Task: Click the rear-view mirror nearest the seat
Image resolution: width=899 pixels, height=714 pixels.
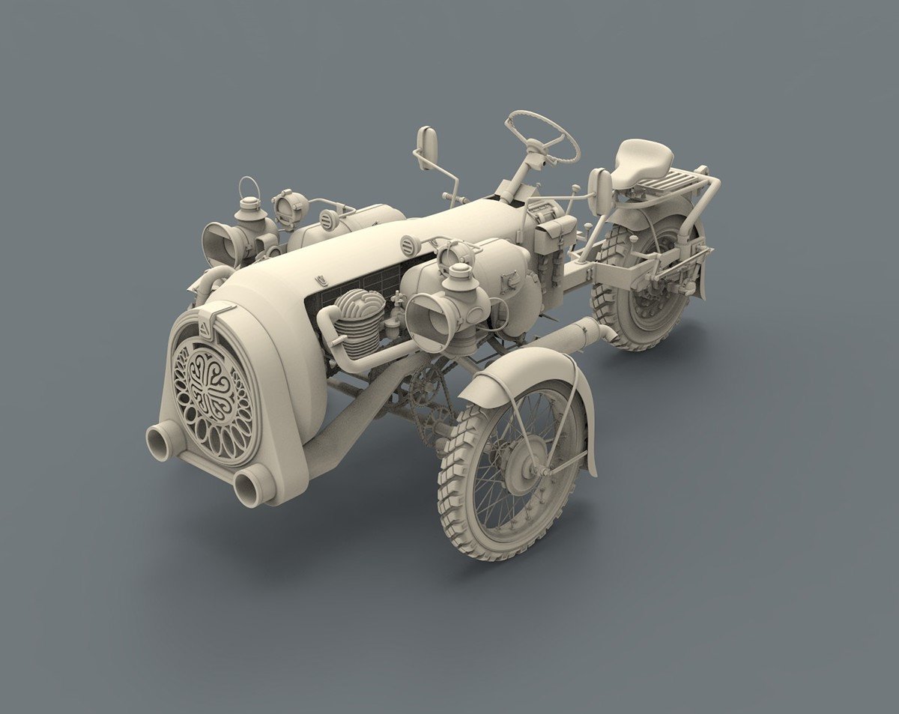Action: (x=600, y=190)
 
